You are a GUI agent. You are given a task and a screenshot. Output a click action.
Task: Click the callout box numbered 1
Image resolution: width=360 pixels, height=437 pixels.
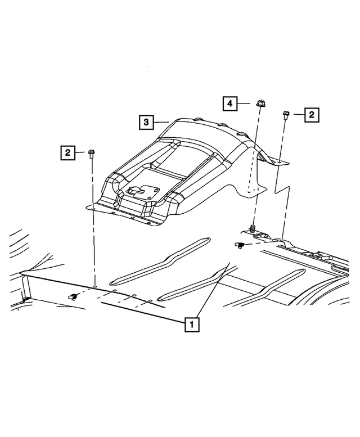[x=191, y=324]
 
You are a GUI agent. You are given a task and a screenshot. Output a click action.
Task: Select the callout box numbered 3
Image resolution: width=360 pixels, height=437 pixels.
[x=146, y=121]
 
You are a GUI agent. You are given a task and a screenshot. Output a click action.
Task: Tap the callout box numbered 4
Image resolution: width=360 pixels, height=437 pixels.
[x=229, y=103]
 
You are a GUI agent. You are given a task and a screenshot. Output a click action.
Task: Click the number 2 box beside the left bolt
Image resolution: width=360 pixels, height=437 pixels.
[x=67, y=152]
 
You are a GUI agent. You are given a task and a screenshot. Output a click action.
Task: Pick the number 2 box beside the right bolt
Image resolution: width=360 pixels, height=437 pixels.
[x=312, y=115]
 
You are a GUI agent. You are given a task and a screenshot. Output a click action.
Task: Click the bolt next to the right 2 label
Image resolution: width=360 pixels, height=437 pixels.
[x=286, y=115]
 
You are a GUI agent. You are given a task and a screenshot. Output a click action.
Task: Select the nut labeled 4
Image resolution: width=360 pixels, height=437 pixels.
[x=260, y=103]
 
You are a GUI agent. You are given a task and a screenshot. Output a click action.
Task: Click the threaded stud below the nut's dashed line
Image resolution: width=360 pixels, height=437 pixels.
[x=253, y=228]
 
